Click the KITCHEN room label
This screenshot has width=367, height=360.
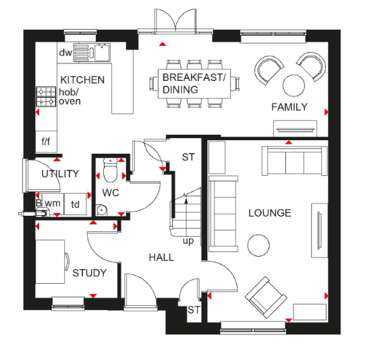(x=82, y=80)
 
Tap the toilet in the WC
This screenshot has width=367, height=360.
(x=110, y=170)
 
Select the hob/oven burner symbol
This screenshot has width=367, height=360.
(x=46, y=96)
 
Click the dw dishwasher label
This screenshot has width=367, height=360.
(x=65, y=53)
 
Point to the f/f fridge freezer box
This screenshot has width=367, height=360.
(x=46, y=142)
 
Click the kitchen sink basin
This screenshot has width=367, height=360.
(x=102, y=52)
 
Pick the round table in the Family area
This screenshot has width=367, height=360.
(x=293, y=86)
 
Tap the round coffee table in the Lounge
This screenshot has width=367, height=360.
(x=258, y=245)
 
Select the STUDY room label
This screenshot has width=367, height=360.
(x=90, y=273)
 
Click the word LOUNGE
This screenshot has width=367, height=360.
(x=270, y=213)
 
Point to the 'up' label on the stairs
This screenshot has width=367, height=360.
(x=188, y=241)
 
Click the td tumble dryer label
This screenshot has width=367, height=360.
(x=75, y=204)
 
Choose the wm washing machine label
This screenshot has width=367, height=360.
(x=53, y=204)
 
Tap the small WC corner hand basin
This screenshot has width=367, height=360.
(x=101, y=210)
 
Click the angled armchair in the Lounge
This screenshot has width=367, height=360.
(x=266, y=297)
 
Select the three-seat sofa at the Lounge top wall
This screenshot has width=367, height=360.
(x=294, y=161)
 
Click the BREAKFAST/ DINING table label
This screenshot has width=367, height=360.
(x=194, y=84)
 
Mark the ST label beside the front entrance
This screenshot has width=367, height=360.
(x=194, y=310)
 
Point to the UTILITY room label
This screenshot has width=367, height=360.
(x=60, y=174)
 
